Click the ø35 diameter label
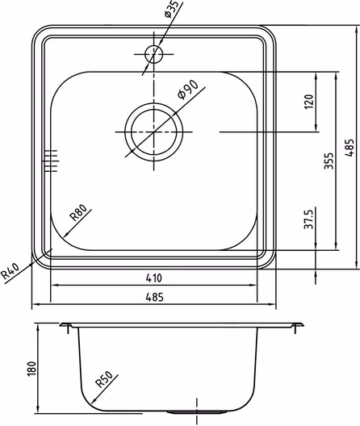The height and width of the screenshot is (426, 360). point(172,9)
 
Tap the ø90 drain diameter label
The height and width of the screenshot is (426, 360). point(187,89)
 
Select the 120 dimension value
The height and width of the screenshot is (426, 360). point(309,102)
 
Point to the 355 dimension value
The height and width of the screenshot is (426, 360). point(329,161)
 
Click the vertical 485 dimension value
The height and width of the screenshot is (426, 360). point(350,148)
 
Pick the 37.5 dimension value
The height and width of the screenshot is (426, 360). point(309,218)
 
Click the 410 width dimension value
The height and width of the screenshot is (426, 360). point(154,278)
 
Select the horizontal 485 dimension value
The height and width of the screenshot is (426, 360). point(154,297)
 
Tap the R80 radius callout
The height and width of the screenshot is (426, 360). point(78,213)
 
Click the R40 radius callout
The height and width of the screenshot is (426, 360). point(10,271)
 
